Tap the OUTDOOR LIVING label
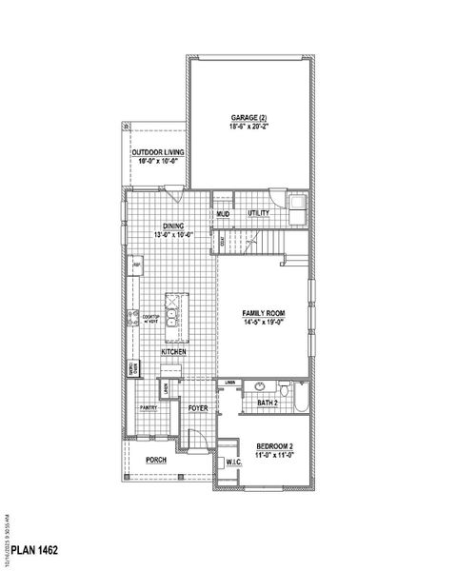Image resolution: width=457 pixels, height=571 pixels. (x=158, y=152)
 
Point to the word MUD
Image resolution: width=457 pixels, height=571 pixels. (x=223, y=214)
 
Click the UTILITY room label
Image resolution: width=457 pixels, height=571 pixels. (x=258, y=214)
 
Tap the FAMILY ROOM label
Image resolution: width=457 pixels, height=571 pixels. (x=264, y=312)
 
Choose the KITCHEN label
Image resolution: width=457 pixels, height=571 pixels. (x=173, y=352)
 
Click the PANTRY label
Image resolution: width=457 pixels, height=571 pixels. (x=149, y=407)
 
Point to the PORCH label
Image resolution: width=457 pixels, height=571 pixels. (x=156, y=460)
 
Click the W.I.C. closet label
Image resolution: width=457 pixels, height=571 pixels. (x=232, y=463)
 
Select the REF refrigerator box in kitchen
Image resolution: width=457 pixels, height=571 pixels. (x=137, y=266)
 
